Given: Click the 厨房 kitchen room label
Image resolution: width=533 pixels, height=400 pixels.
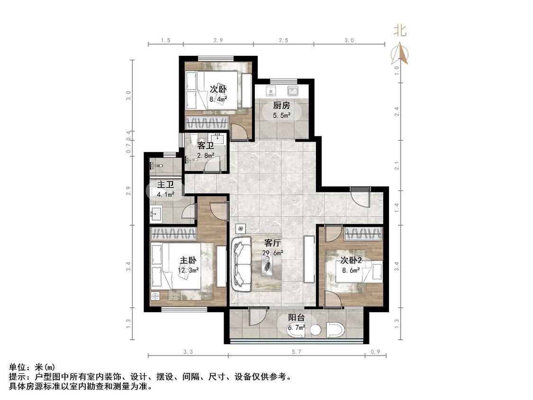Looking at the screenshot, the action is coord(281,105).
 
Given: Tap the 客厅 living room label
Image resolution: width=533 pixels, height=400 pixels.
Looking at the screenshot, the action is coord(272,243).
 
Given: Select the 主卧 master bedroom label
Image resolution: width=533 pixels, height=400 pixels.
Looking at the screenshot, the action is coord(188,261).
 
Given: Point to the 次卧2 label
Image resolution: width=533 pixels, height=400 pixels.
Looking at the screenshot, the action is coord(351,261).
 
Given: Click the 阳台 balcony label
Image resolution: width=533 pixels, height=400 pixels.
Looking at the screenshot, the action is coord(297,318).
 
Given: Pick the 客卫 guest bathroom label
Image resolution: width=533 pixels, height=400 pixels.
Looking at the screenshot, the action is coord(206,146).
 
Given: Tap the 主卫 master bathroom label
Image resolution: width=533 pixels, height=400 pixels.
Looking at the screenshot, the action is coord(165,185).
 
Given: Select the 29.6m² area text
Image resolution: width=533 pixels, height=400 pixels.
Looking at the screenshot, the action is coord(272,253).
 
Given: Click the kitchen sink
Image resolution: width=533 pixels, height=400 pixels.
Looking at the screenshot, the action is coord(293,91).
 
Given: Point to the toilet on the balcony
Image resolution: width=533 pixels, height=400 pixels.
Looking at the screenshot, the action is coord(336,329).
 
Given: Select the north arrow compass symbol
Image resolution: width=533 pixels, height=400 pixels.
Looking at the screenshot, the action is coord(399,53).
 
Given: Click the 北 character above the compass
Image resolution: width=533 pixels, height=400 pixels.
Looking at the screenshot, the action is coord(400,31).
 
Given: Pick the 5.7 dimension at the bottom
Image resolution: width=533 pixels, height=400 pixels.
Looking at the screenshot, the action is coord(297,352).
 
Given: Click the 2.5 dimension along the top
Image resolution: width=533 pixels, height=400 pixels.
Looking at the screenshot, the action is coord(283,40).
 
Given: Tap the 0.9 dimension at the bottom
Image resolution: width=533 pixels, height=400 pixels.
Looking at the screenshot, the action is coord(375,352).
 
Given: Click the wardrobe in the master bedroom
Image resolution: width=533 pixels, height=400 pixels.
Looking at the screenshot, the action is coord(173,234).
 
